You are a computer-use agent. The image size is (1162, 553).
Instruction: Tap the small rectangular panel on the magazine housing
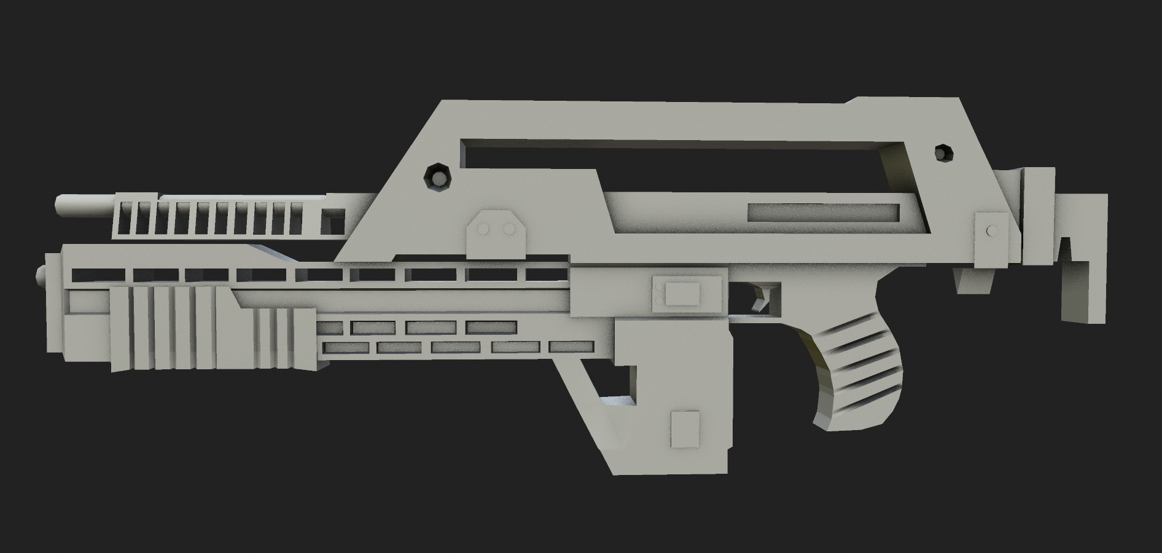coord(685,428)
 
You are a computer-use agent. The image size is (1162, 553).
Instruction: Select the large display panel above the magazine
coord(682,292)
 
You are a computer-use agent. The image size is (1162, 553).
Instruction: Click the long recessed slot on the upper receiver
coord(823,213)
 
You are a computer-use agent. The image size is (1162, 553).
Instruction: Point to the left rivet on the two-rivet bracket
coord(483,229)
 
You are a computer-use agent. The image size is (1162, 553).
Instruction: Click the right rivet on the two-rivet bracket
coord(509,229)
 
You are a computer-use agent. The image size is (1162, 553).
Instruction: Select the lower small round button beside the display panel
coord(658,299)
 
